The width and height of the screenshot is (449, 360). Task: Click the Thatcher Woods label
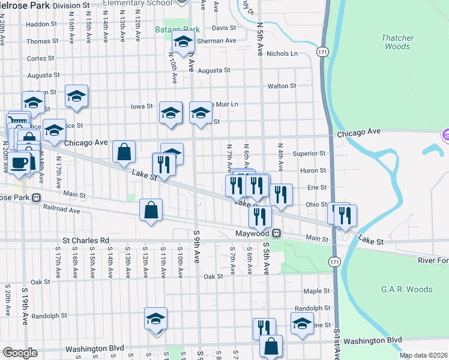[397, 42]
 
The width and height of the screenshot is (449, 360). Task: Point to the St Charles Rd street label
[86, 241]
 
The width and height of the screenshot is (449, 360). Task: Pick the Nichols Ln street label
[282, 53]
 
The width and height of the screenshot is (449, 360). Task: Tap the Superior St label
[309, 154]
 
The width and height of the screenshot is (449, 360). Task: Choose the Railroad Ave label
[61, 210]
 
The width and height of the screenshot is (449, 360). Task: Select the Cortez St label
[41, 58]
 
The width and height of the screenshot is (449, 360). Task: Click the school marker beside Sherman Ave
[182, 42]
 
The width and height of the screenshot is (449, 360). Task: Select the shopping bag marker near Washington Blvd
[271, 346]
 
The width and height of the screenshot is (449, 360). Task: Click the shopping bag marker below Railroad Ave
[151, 211]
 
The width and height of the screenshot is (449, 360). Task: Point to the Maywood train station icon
[277, 233]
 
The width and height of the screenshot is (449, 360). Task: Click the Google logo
[20, 353]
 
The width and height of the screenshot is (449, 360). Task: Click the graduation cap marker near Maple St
[302, 323]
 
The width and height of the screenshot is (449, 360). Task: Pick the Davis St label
[223, 28]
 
